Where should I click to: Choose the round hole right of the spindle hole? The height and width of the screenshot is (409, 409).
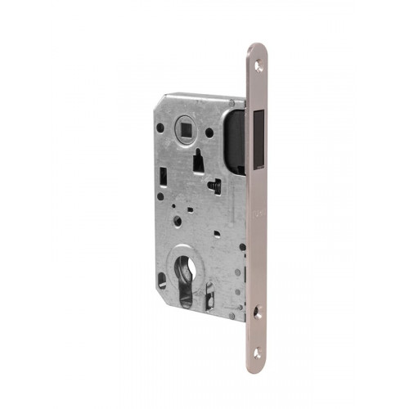(x=210, y=132)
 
